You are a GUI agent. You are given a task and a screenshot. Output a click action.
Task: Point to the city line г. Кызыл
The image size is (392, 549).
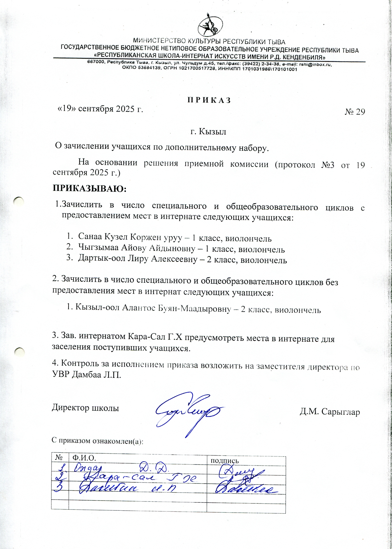tap(208, 131)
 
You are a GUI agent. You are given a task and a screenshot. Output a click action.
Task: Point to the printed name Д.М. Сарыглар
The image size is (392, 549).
tap(330, 412)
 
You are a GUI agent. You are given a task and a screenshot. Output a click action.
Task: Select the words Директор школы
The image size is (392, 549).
tap(85, 408)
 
